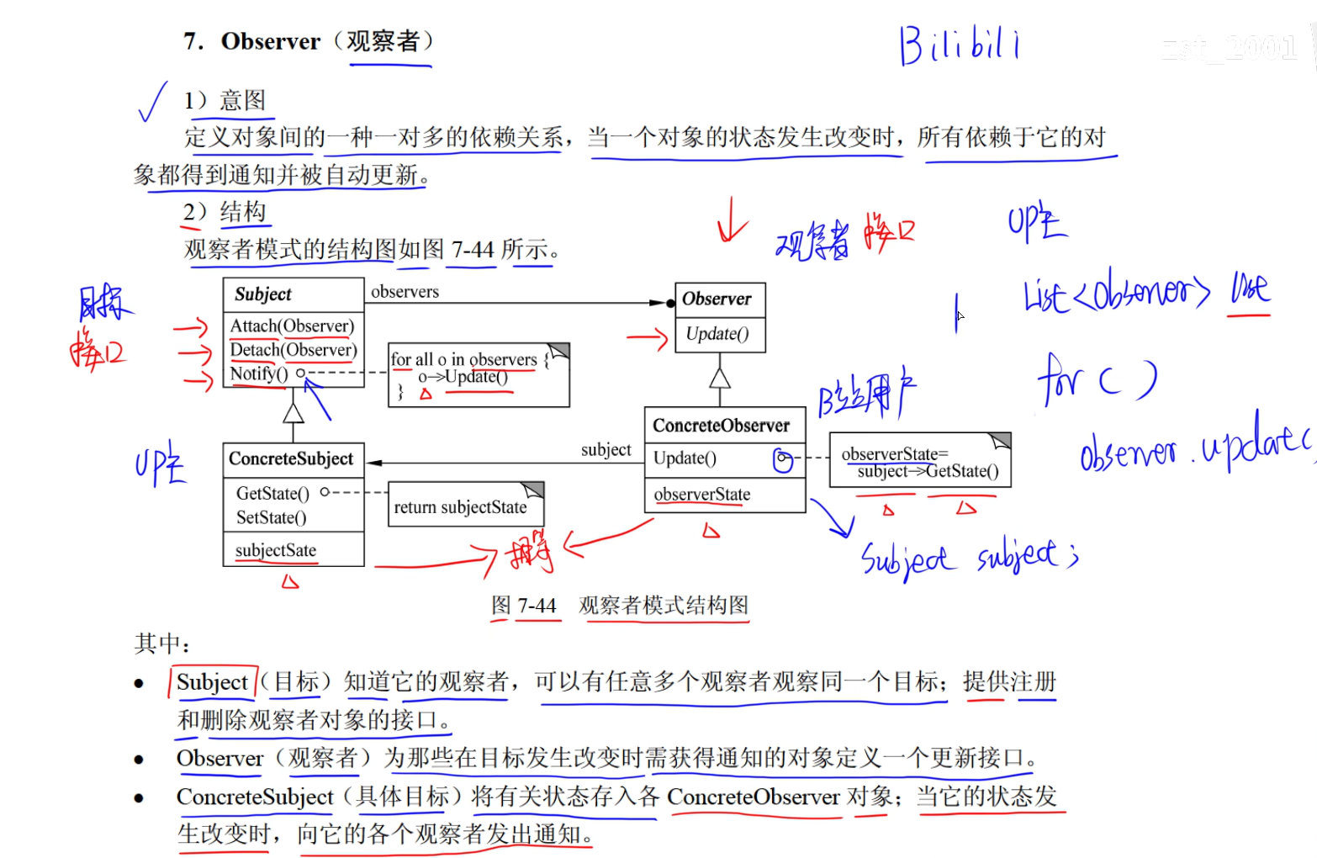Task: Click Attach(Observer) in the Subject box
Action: click(292, 326)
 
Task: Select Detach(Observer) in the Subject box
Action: click(293, 350)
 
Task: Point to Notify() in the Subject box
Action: click(258, 373)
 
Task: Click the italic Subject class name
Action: click(263, 294)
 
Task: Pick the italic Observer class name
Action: click(717, 299)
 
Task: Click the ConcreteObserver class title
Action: click(721, 426)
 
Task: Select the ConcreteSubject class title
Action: click(291, 459)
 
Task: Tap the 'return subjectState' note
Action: click(460, 506)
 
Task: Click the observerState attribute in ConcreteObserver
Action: click(701, 495)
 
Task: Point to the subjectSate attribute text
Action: click(276, 550)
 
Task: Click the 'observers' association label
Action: click(405, 292)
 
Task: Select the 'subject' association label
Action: click(606, 450)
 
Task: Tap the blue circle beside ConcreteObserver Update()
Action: click(783, 460)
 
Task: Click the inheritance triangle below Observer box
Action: click(719, 378)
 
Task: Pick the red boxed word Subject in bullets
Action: click(212, 682)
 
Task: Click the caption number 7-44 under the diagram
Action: click(537, 606)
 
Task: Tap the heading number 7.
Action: click(193, 41)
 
